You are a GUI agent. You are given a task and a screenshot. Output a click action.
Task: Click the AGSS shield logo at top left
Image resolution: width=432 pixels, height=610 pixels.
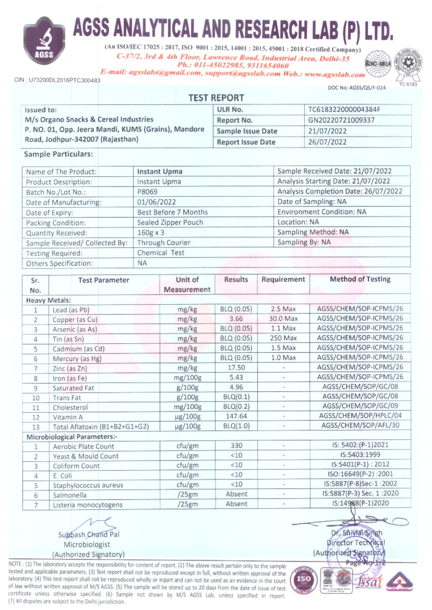[x=44, y=41]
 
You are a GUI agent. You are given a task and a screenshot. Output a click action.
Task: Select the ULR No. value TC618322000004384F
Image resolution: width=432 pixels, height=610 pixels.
[x=344, y=109]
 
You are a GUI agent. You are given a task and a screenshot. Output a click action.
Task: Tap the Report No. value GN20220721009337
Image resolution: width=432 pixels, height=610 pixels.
[x=341, y=120]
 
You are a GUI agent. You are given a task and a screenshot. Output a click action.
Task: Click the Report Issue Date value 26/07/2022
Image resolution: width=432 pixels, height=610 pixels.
[x=327, y=142]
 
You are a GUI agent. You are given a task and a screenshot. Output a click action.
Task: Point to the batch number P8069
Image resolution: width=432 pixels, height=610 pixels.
[x=147, y=192]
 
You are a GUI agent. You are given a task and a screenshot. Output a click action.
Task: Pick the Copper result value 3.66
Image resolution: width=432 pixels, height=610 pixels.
[x=236, y=319]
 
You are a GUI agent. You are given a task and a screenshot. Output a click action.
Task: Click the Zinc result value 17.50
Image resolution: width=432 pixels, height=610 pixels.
[x=236, y=368]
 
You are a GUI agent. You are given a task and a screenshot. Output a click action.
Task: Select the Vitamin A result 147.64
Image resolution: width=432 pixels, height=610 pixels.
[x=236, y=416]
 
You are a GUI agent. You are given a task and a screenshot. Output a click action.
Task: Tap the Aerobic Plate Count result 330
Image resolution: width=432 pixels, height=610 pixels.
[x=236, y=445]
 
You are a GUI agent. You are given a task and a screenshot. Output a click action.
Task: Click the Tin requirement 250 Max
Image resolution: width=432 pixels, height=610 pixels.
[x=283, y=338]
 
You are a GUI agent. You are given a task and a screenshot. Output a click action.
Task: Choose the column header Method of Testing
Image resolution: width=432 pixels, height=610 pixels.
[x=360, y=279]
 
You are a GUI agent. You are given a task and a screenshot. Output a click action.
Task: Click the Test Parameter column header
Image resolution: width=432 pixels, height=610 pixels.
[x=103, y=280]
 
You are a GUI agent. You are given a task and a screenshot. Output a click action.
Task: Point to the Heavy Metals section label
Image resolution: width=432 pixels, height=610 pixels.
[x=48, y=300]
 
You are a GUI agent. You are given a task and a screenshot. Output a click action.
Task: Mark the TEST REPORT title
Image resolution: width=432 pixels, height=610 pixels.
[x=216, y=98]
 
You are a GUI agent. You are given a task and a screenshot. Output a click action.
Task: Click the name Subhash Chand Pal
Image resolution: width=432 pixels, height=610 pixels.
[x=89, y=535]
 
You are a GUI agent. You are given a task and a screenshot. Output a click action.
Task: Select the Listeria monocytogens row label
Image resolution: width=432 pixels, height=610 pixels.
[x=87, y=505]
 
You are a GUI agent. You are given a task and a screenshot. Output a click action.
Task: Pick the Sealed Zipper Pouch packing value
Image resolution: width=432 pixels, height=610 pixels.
[x=170, y=222]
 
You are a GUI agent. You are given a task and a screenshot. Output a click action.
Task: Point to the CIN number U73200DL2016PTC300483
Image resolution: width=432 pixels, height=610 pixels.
[x=57, y=80]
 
